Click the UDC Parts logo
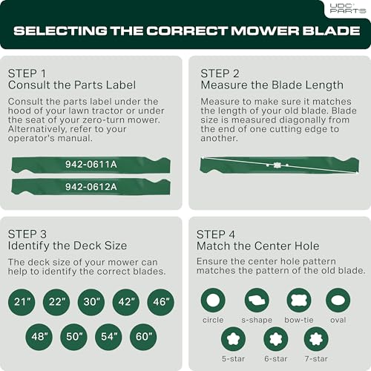(348, 8)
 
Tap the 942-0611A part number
(91, 165)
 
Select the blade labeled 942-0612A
(91, 187)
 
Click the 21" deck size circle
(22, 302)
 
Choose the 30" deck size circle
(91, 302)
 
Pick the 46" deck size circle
(161, 302)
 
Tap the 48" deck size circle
(39, 337)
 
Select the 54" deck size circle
(108, 337)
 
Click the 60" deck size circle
(143, 337)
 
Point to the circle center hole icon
(213, 301)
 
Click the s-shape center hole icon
(257, 301)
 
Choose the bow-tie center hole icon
(299, 301)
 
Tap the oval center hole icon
(338, 301)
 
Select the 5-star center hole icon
(233, 339)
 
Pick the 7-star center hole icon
(316, 339)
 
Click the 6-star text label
(276, 358)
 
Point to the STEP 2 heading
(220, 73)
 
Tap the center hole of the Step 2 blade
(278, 165)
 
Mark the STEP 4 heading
(216, 234)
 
